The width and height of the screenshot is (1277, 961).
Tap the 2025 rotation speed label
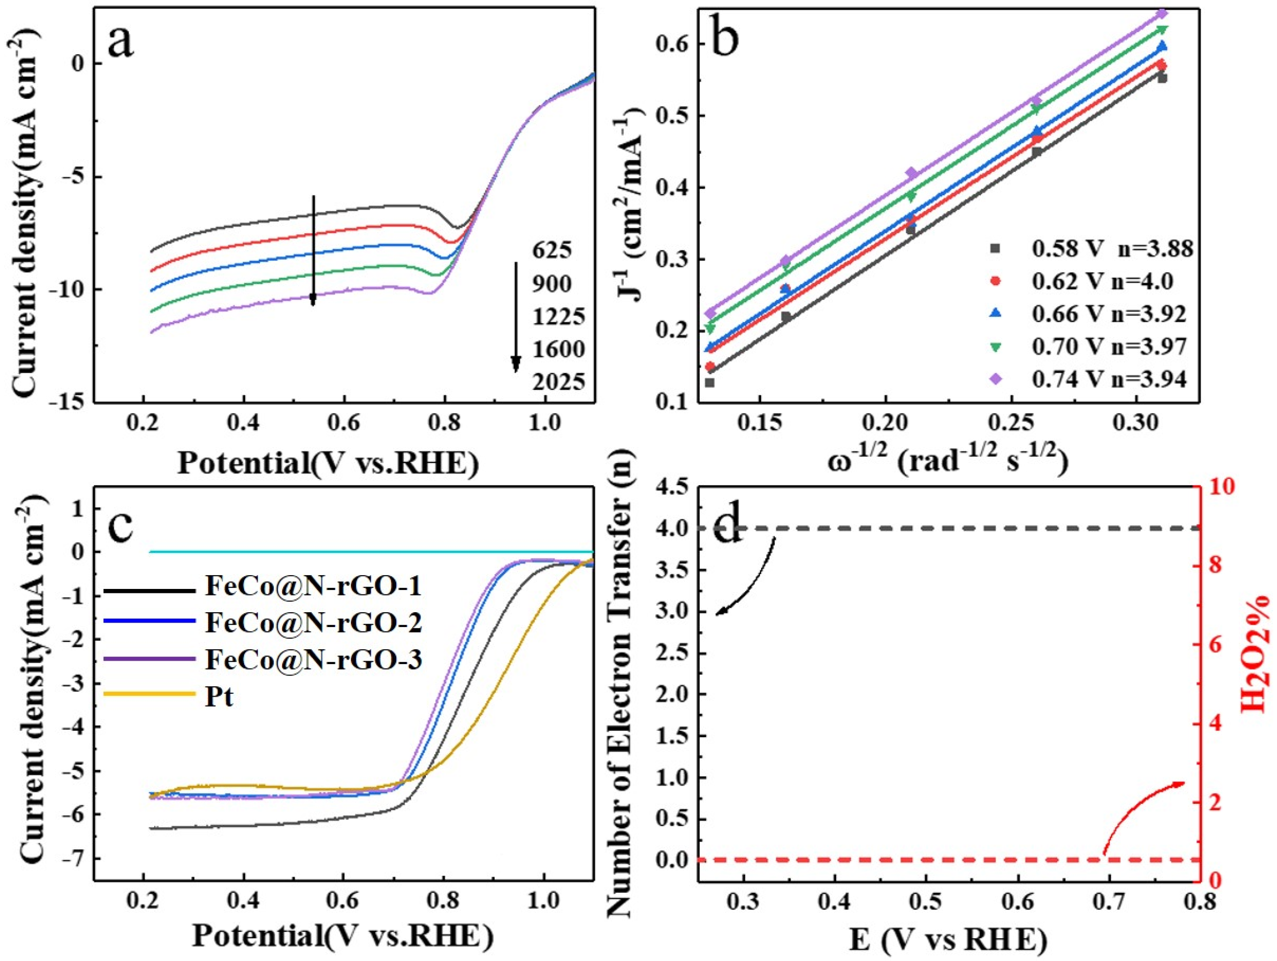click(558, 381)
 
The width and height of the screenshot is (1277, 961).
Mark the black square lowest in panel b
click(710, 382)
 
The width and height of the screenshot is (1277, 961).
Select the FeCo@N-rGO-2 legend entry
click(313, 623)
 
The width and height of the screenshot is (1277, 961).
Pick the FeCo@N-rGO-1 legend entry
click(313, 586)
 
